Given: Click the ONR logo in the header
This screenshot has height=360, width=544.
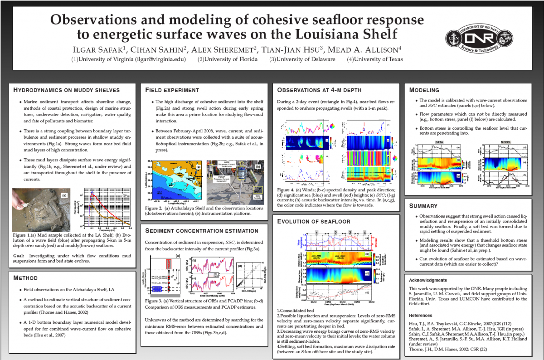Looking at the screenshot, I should (x=487, y=39).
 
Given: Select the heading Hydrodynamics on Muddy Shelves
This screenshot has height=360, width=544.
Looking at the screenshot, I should (x=66, y=90).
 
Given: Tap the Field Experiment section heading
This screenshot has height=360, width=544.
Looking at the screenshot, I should (x=172, y=90).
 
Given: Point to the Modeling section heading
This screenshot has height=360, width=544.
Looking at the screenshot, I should (x=424, y=90).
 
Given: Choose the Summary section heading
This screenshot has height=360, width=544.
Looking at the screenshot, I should (x=423, y=206).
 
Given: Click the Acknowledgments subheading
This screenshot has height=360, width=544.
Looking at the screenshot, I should (x=428, y=280).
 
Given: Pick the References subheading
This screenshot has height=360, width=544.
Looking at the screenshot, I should (x=422, y=315).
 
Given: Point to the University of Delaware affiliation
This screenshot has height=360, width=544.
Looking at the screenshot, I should (x=302, y=59).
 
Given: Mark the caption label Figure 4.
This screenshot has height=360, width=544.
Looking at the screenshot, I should (x=286, y=189).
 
